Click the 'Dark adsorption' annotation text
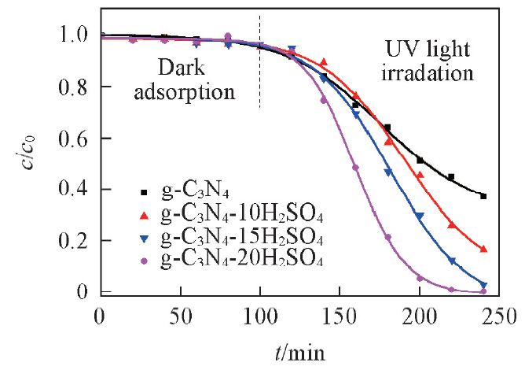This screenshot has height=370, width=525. pyautogui.click(x=196, y=79)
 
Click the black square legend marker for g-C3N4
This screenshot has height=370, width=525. pyautogui.click(x=142, y=191)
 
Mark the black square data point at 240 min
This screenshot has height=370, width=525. pyautogui.click(x=483, y=196)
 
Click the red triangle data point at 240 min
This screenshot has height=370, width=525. pyautogui.click(x=483, y=249)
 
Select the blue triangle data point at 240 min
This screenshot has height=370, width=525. pyautogui.click(x=483, y=285)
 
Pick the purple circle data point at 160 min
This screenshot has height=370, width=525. pyautogui.click(x=355, y=167)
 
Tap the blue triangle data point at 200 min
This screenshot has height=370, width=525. pyautogui.click(x=420, y=216)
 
